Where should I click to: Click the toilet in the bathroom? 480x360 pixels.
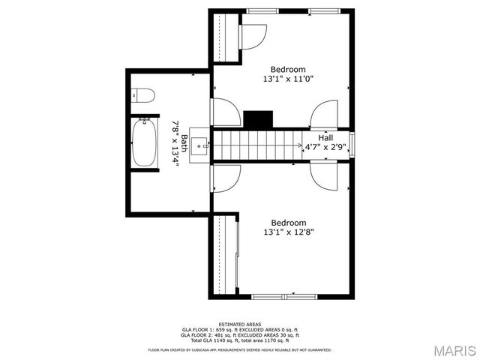coord(142,95)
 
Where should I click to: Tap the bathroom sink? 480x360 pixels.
coord(199,145)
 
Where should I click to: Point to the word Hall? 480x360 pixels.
coord(325,138)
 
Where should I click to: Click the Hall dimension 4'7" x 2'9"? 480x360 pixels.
coord(325,148)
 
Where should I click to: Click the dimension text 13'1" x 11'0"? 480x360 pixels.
coord(288,78)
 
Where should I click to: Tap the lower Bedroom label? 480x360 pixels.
coord(288,223)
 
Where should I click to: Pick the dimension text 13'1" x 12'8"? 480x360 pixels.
coord(288,232)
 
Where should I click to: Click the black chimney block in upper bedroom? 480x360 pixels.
coord(259,119)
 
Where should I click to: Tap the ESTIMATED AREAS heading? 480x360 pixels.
coord(239,324)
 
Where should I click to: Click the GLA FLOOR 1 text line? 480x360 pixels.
coord(239,330)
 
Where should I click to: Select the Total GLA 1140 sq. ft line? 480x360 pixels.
coord(239,340)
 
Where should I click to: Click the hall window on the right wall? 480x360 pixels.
coord(350,144)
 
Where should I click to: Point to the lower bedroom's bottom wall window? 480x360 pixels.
coord(284,296)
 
